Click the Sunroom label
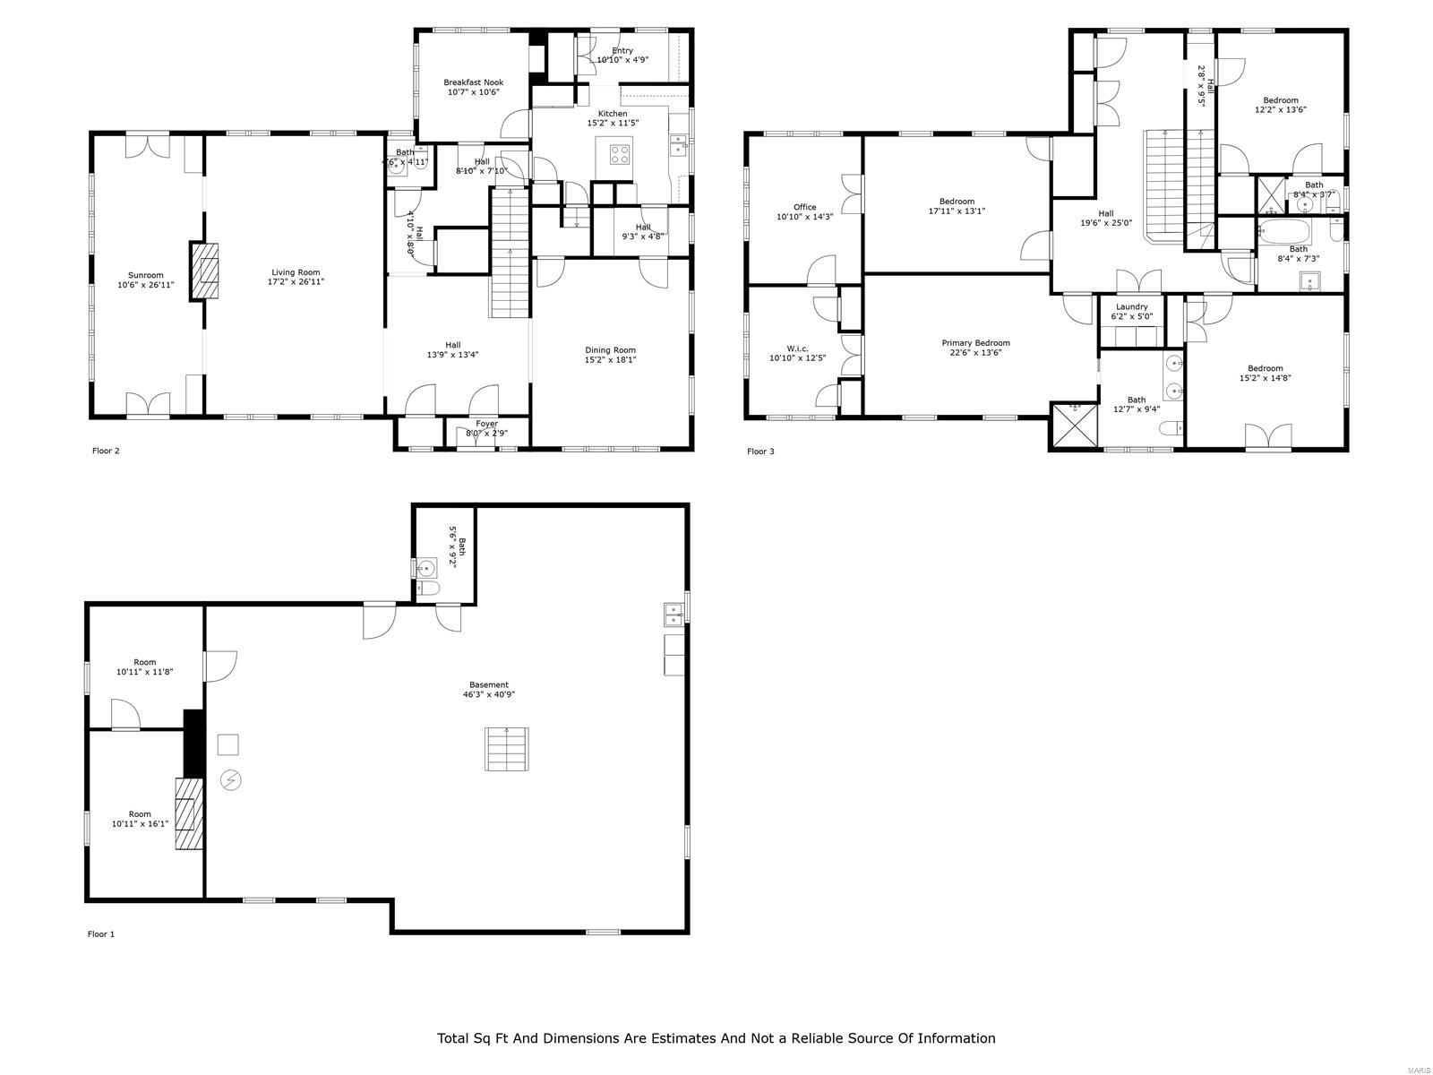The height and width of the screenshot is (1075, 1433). coord(145,275)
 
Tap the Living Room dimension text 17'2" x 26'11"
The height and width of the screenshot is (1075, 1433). coord(296,282)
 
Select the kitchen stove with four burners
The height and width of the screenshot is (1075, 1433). coord(619,154)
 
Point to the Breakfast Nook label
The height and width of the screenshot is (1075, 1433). coord(473,82)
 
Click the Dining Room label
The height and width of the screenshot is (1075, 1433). coord(610,350)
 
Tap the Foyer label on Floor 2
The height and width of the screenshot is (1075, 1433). coord(486,424)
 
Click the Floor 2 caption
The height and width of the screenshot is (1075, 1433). coord(106,451)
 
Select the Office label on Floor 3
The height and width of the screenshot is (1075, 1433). coord(804,207)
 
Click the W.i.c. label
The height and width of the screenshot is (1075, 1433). coord(797,348)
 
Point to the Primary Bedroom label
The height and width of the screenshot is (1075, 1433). coord(975,343)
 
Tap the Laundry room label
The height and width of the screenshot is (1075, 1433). coord(1131,306)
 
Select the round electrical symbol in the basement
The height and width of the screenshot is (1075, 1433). coord(231,780)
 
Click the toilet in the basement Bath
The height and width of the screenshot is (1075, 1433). coord(429,589)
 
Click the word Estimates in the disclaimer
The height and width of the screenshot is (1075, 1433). coord(674,1038)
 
